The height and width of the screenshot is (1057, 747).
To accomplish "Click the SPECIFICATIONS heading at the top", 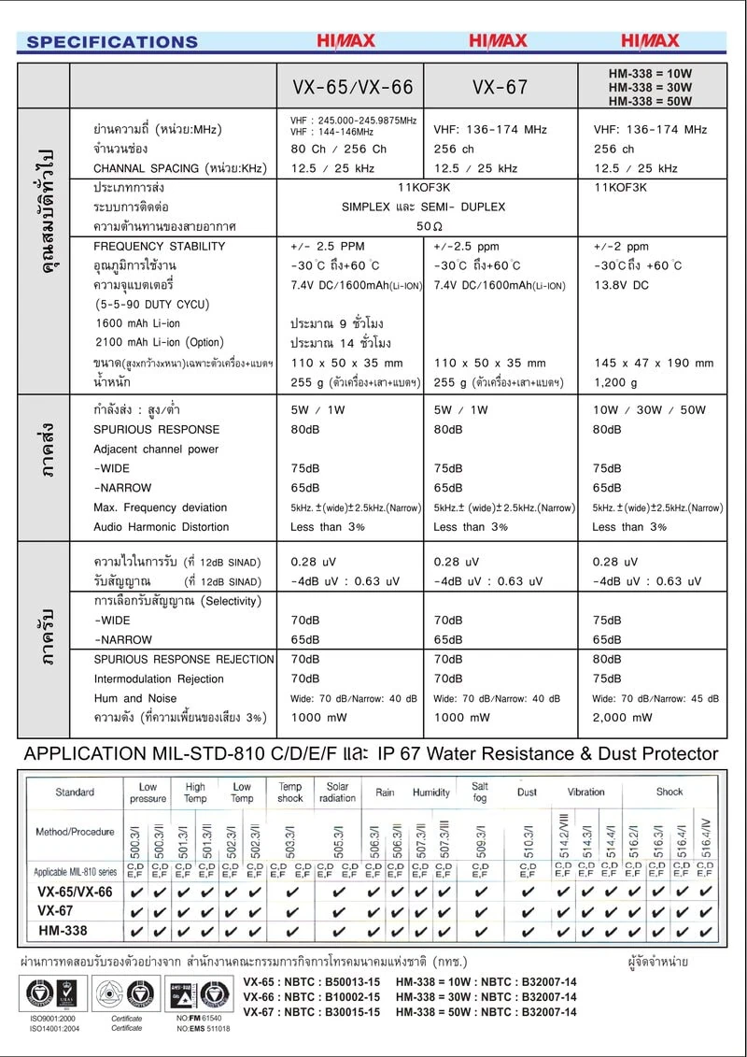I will pos(112,41).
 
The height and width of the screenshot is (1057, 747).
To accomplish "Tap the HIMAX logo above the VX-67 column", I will pos(498,41).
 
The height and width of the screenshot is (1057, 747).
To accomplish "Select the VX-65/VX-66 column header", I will pos(352,88).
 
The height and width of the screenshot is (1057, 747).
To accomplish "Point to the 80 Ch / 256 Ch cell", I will pos(338,149).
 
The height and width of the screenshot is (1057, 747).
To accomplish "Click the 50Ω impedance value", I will pos(430,226).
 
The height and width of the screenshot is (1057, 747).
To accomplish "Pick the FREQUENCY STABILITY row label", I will pos(160,247).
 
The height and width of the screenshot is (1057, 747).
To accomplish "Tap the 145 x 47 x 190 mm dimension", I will pos(653,363).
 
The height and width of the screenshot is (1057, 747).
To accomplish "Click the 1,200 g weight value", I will pos(615,382).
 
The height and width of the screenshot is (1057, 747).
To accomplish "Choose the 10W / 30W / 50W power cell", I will pos(650,409).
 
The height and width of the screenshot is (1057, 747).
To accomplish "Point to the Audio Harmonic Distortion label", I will pos(162,527).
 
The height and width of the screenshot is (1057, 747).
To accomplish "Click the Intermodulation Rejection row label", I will pos(159,678).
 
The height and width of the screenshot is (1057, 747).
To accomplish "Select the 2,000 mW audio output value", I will pos(623,718).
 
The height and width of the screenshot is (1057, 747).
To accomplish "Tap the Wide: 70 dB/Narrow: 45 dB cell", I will pos(655,698).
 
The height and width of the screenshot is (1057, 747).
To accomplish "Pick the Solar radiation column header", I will pos(338,793).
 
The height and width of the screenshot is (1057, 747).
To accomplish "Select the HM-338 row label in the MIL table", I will pos(63,931).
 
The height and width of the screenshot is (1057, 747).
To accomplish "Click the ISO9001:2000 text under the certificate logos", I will pos(52,1018).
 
